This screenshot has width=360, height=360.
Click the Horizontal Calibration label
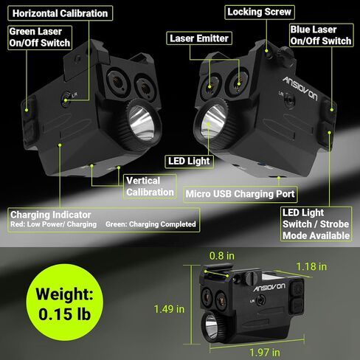60,13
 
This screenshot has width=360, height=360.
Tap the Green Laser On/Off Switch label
40,38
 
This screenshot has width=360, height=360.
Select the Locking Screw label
260,12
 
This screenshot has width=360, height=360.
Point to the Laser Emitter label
199,38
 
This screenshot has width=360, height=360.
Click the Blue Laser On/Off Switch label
321,35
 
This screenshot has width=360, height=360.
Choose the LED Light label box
189,162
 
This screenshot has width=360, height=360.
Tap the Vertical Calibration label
150,187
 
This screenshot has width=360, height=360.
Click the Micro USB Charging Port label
240,194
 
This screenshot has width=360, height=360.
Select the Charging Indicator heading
51,215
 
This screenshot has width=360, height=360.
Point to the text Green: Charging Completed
150,224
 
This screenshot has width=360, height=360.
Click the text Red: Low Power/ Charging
53,224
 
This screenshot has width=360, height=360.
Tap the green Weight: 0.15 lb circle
65,302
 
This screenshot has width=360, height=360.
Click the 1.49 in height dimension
169,309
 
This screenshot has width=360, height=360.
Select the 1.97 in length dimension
265,353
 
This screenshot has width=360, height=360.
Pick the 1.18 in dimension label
311,266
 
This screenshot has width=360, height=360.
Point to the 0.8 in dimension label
222,256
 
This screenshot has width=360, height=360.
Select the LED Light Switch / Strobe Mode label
316,224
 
